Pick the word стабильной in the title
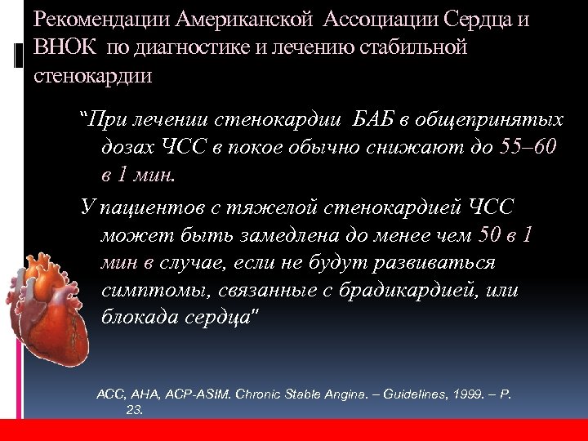tap(416, 47)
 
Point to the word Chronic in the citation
tap(258, 394)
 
